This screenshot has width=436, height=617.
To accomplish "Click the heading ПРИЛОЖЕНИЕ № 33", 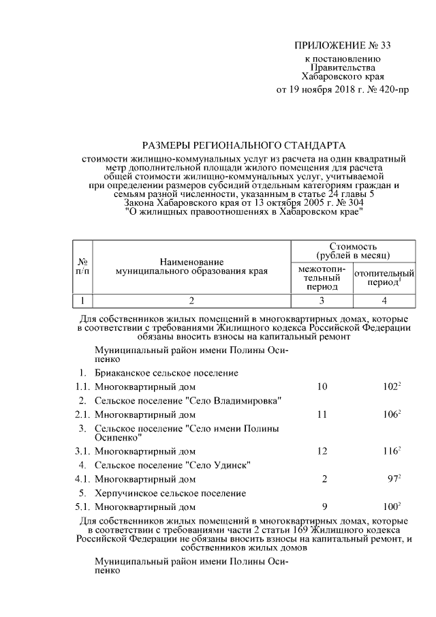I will click(343, 46).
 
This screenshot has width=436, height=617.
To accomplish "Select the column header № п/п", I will click(82, 266).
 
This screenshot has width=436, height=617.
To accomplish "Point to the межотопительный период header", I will click(322, 278).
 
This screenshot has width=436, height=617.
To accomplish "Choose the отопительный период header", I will click(384, 277).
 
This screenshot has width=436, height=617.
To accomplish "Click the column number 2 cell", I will click(191, 301).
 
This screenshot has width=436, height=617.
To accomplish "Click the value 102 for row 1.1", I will click(390, 387).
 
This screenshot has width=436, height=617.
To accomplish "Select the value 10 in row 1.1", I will click(322, 387).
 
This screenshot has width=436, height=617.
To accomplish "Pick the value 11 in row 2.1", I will click(322, 414).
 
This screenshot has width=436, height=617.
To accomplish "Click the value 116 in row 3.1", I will click(390, 451).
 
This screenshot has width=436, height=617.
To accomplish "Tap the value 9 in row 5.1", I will click(324, 507).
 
